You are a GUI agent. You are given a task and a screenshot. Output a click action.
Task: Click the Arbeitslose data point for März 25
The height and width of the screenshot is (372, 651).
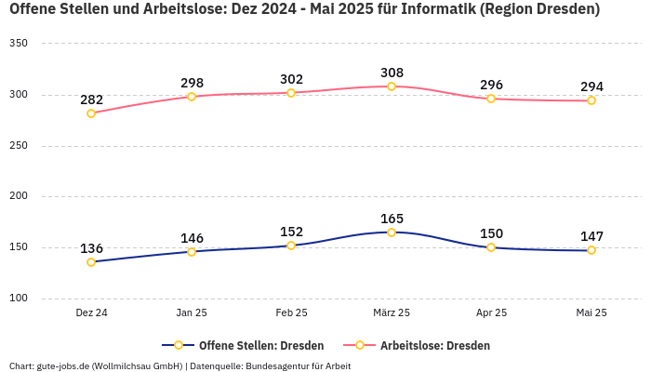pos(392,86)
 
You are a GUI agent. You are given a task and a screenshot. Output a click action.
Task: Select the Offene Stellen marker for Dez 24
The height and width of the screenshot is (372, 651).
pos(91,262)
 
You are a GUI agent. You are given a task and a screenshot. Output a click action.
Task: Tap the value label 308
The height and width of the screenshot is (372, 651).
pos(392,73)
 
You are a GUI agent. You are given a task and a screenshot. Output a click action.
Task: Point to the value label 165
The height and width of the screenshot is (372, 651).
pos(392,219)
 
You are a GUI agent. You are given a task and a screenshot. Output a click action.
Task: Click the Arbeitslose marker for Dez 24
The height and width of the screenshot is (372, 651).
pos(91,113)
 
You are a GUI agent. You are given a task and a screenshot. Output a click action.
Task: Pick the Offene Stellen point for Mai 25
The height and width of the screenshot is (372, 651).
pos(591,250)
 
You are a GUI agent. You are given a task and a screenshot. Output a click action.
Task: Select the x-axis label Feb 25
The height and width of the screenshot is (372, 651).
pos(291,313)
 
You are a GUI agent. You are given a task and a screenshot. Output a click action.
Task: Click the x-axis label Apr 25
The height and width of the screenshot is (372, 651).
pos(491,313)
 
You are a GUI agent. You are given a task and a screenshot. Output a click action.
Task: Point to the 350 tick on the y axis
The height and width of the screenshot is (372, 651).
pos(18,44)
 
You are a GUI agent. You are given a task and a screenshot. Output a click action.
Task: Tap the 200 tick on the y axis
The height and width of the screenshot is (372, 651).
pos(18,196)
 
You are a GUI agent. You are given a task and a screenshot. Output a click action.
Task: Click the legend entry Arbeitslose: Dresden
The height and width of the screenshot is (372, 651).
pos(434,345)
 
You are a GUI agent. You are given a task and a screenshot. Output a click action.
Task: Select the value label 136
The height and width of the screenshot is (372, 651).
pos(91,248)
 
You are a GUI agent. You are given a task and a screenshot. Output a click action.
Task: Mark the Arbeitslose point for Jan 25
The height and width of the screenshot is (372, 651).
pos(192,97)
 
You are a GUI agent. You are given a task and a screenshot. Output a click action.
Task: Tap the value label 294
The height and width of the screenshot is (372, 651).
pos(591,86)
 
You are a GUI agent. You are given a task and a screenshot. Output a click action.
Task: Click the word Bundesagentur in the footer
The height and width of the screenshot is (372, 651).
pos(272,366)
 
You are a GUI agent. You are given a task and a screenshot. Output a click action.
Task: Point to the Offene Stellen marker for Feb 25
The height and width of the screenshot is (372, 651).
pos(291,246)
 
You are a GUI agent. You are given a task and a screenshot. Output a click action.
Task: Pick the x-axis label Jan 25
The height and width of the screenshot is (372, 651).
pos(192,313)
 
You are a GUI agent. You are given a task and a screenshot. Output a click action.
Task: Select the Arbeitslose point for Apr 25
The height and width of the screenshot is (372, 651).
pos(491,99)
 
